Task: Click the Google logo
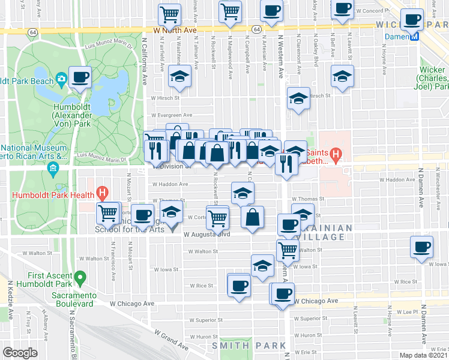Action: [20, 353]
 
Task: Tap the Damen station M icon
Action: [414, 37]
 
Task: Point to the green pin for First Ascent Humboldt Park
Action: [83, 278]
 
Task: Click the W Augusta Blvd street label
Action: [207, 235]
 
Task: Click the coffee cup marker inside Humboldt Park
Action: [79, 77]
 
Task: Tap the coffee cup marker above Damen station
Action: [413, 19]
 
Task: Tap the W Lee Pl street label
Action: [405, 312]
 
